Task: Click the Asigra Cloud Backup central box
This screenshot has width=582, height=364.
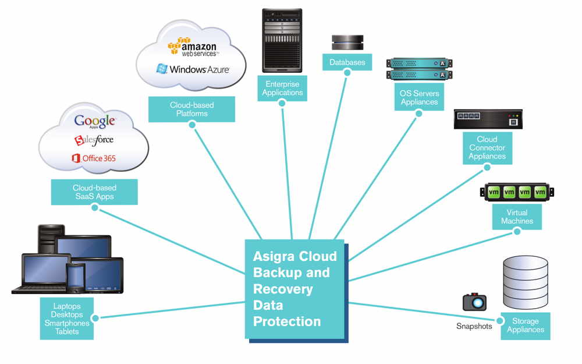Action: (295, 289)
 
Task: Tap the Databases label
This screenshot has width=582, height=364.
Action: (347, 62)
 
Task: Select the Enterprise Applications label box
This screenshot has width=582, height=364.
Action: (282, 89)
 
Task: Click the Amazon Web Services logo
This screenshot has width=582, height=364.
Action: (192, 47)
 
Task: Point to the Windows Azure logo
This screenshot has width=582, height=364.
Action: (193, 69)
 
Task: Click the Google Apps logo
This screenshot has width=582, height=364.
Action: (95, 121)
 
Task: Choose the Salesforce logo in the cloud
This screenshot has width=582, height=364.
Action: (94, 140)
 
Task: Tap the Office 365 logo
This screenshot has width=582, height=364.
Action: (94, 158)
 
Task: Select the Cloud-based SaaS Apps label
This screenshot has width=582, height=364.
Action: (94, 192)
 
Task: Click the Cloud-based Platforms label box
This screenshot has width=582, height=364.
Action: (191, 109)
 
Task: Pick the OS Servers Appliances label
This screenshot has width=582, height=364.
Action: (419, 98)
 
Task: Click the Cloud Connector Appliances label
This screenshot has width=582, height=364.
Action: (487, 148)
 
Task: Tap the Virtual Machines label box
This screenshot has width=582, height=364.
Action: (517, 217)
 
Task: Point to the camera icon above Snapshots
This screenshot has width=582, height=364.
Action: (474, 302)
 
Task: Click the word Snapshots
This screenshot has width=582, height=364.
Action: (474, 326)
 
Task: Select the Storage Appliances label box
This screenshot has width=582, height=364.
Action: (525, 326)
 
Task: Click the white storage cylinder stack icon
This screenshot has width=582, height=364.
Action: (525, 282)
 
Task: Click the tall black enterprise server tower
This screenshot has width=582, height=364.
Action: (282, 41)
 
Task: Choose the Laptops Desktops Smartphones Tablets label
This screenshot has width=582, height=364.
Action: (67, 319)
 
